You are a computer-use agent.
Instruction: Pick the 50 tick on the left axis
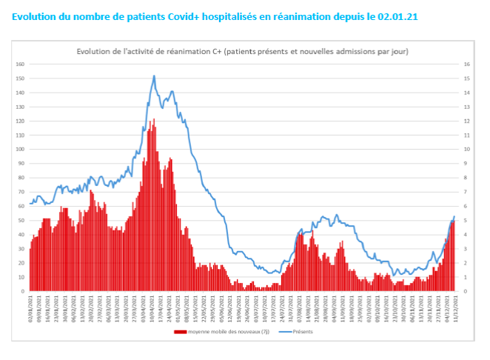[x=20, y=220]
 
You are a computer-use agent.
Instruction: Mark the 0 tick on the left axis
[x=21, y=291]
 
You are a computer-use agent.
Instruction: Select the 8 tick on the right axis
[x=466, y=178]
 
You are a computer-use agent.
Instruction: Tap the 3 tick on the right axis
[x=466, y=248]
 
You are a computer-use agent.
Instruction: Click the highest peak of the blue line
[x=154, y=76]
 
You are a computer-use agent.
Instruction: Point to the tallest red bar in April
[x=154, y=119]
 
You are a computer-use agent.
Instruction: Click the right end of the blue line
[x=454, y=216]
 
